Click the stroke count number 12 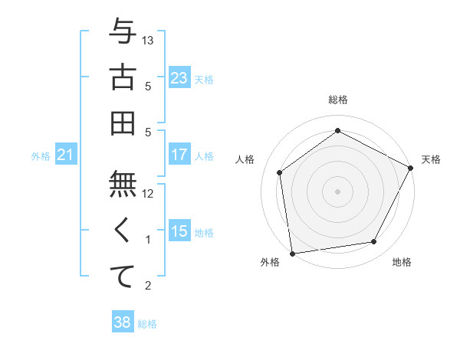[x=149, y=194]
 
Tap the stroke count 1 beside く [x=149, y=240]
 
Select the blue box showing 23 [x=179, y=77]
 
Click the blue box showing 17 [x=179, y=155]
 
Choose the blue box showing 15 [x=179, y=231]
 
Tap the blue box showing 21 [x=66, y=155]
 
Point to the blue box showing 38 [x=122, y=322]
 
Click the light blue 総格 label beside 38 [x=148, y=324]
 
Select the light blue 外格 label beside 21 [x=41, y=156]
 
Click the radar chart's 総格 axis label [x=338, y=100]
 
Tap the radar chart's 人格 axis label [x=245, y=159]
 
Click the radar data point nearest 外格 [x=292, y=253]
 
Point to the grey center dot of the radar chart [x=338, y=191]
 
